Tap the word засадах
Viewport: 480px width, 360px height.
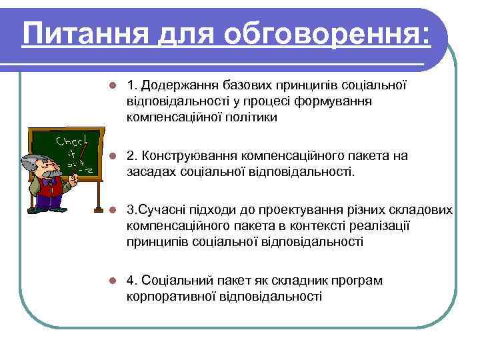point(150,172)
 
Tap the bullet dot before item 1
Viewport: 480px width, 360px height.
point(114,86)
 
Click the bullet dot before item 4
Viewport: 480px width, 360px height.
point(114,281)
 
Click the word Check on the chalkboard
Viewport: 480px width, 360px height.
point(69,142)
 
